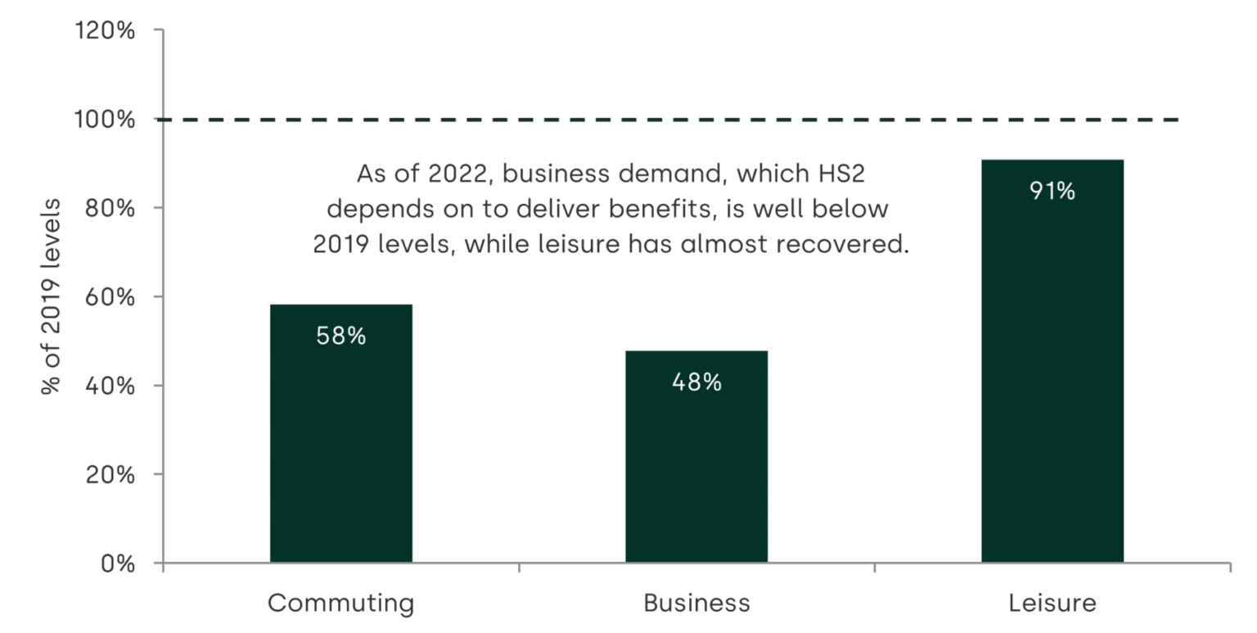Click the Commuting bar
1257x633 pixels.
341,433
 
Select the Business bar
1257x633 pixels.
696,456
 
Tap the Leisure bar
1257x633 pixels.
1052,360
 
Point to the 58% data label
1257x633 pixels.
341,336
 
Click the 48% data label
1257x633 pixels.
696,382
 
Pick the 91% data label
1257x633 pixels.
1052,191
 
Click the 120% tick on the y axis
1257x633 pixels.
105,30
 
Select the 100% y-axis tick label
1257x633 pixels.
105,120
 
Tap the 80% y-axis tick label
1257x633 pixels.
110,208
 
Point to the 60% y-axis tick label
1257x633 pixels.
110,297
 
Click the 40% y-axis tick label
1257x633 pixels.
110,386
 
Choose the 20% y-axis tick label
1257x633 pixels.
110,475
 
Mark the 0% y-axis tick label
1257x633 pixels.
118,563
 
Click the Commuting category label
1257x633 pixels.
341,604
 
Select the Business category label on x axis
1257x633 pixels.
696,604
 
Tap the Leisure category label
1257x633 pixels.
1052,604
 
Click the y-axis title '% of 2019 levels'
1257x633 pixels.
51,296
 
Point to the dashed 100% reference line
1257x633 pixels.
668,120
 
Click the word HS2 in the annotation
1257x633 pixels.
842,174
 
